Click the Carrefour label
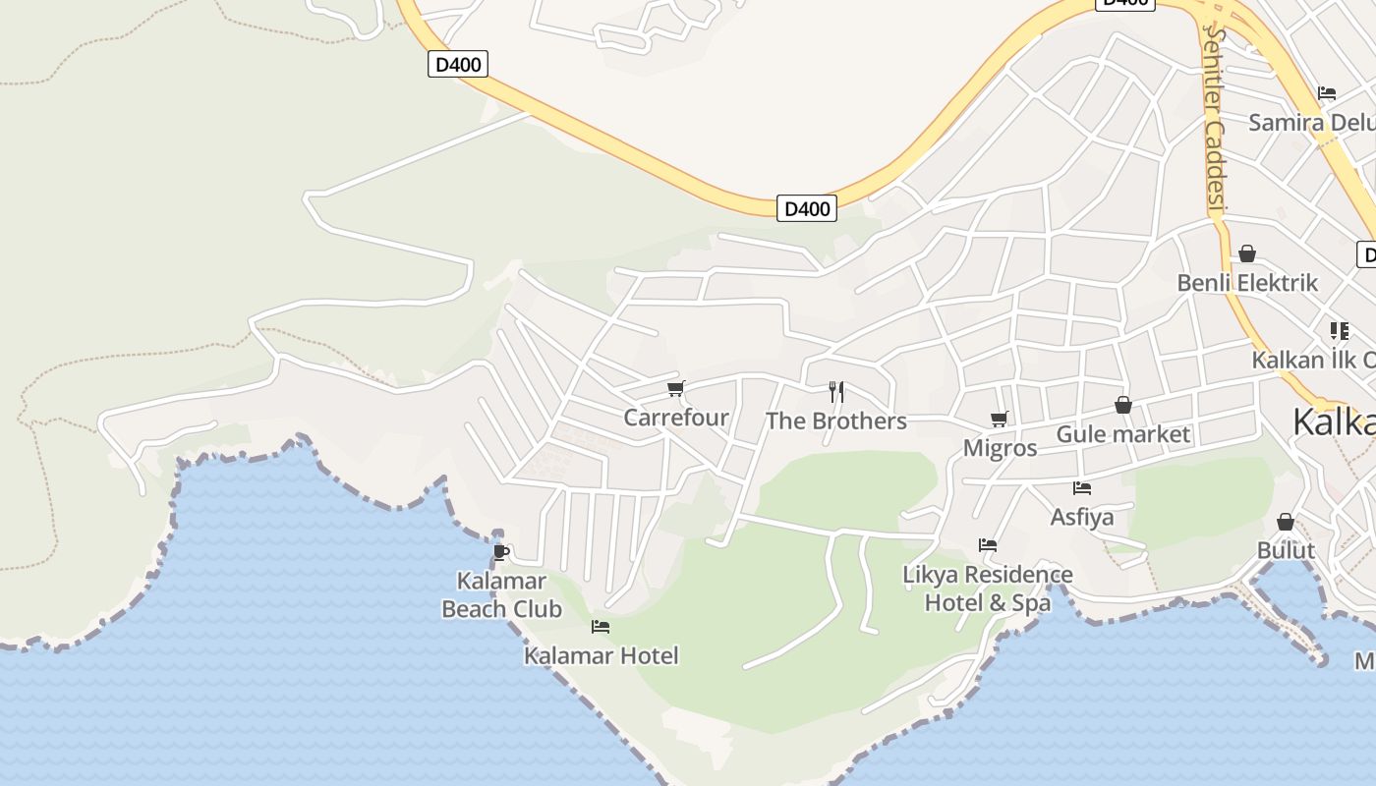[x=676, y=418]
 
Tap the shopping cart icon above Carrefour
[x=675, y=389]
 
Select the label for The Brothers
[x=835, y=421]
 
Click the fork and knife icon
[x=836, y=392]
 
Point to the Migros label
[x=1000, y=449]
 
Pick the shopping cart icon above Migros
[x=1000, y=420]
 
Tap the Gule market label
[x=1122, y=434]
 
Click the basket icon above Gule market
[x=1123, y=405]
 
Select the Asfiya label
[x=1082, y=517]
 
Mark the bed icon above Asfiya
[x=1082, y=488]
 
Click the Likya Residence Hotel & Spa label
[x=988, y=588]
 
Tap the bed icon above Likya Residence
[x=988, y=545]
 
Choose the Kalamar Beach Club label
[x=501, y=595]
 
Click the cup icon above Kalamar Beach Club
[x=501, y=552]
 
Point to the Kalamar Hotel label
[x=601, y=655]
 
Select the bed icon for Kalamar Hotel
[x=601, y=627]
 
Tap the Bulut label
[x=1286, y=550]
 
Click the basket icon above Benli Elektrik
[x=1247, y=254]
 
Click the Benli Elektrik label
[x=1247, y=283]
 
